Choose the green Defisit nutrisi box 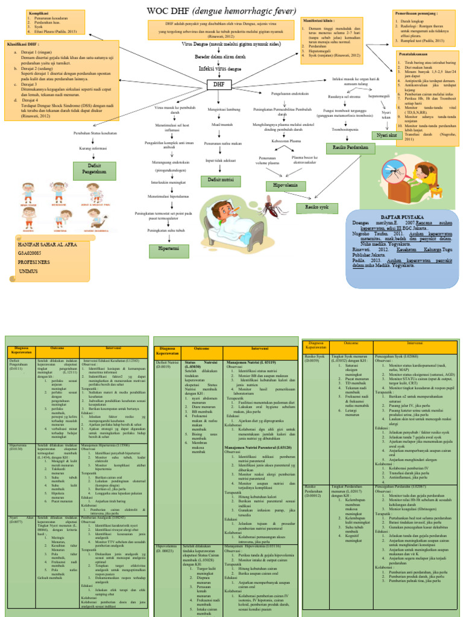point(221,179)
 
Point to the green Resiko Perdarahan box point(346,146)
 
